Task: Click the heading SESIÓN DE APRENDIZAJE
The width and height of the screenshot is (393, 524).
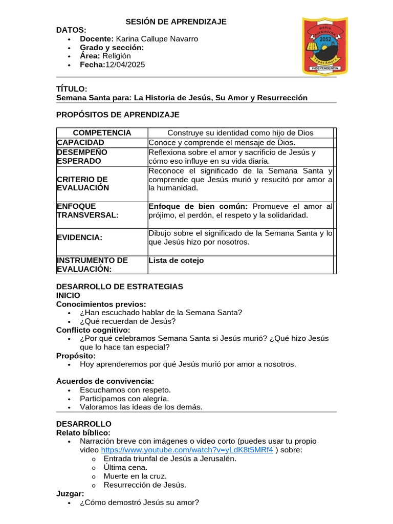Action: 177,21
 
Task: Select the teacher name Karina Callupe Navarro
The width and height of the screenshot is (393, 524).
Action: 157,39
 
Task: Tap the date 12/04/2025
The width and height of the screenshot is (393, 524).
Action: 125,64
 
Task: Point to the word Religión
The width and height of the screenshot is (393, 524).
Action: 117,56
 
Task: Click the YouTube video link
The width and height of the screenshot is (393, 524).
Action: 187,450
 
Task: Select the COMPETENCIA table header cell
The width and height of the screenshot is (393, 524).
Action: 102,133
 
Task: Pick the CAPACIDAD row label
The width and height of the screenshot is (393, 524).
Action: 81,142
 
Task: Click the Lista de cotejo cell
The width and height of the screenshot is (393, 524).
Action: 176,260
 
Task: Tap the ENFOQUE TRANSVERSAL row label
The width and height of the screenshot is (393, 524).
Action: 88,210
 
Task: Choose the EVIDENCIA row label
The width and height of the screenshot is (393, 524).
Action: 79,237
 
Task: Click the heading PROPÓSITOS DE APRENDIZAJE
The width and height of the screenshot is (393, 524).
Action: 118,114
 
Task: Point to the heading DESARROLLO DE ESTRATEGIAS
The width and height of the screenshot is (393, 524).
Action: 119,287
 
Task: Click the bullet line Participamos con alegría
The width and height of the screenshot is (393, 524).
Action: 124,399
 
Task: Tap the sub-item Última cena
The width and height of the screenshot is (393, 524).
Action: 125,467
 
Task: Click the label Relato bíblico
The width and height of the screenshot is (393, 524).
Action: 83,432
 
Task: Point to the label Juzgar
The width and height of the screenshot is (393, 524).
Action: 70,494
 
